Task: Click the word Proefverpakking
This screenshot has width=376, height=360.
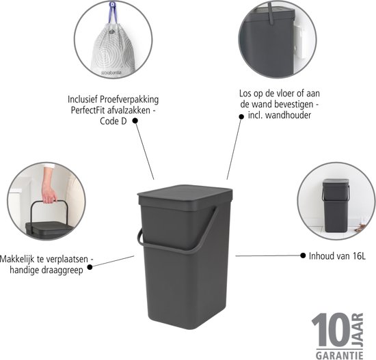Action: tap(129, 100)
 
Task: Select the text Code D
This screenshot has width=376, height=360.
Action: tap(113, 122)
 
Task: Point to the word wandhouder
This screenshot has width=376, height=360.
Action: tap(288, 115)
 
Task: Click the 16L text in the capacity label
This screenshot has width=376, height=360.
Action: tap(359, 256)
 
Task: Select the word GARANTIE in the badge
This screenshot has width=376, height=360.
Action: tap(340, 355)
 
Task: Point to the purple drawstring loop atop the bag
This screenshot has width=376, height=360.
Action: tap(113, 12)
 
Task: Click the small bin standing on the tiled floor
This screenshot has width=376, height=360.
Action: tap(335, 206)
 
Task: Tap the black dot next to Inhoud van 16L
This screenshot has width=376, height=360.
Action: tap(303, 255)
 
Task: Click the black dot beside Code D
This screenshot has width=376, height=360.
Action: tap(135, 120)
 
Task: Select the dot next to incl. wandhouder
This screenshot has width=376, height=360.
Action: tap(241, 117)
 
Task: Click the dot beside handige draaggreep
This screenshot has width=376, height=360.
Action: tap(90, 267)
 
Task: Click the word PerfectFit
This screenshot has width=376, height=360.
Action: tap(88, 111)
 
